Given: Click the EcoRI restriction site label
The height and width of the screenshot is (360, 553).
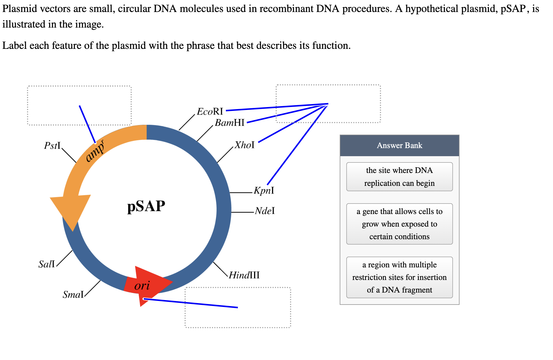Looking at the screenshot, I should point(210,112).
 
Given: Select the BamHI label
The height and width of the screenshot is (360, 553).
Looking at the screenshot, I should point(229,123).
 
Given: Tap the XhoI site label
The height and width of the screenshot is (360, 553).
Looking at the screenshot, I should point(244,145).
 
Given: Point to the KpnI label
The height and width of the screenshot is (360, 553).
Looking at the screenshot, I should point(264,191).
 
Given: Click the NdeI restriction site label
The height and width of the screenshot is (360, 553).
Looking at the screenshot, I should point(265,211).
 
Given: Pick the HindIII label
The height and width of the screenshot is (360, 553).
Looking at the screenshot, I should point(244,275).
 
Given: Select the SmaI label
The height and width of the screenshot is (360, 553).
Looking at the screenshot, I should point(73,295).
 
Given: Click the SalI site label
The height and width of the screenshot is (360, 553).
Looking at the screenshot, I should point(47,264).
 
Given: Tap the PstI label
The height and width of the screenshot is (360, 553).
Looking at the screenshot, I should point(52,146).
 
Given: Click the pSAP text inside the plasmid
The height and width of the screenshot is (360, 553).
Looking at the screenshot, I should point(146,207).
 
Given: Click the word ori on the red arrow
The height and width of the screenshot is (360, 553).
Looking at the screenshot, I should point(142,285).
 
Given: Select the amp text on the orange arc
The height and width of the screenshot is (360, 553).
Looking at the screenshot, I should point(95,152).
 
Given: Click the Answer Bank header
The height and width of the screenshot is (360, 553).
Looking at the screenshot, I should point(399,145).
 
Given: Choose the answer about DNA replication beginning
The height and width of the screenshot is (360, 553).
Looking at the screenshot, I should point(399,177).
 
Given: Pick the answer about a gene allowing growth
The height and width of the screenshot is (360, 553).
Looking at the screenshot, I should point(399,224).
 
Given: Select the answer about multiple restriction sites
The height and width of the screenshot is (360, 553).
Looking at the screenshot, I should point(399,277).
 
